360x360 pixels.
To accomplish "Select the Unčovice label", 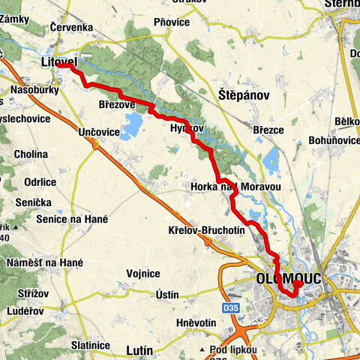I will pos(98,131).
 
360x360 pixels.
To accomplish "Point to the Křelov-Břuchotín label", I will pos(207,231).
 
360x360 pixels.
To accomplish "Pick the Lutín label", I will pos(139,349).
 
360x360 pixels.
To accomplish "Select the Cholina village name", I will pos(30,154).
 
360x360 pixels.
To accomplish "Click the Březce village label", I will pos(268,130).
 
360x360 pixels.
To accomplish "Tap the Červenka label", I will pos(70,27).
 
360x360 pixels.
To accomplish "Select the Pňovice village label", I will pos(171,23).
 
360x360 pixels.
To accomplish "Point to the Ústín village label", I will pos(164,295).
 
